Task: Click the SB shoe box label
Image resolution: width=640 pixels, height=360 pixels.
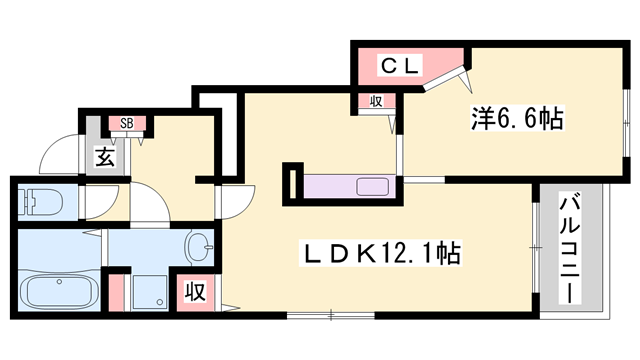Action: (127, 124)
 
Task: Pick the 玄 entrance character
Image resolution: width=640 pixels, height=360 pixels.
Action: (105, 156)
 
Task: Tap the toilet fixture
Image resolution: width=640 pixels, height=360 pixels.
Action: (38, 200)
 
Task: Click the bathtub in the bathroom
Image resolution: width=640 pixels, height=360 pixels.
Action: (57, 293)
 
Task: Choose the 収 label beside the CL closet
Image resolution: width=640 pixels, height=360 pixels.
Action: (376, 101)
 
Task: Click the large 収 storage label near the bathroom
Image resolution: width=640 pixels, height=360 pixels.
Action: (194, 292)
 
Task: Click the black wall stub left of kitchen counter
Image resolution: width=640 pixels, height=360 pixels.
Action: (291, 182)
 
